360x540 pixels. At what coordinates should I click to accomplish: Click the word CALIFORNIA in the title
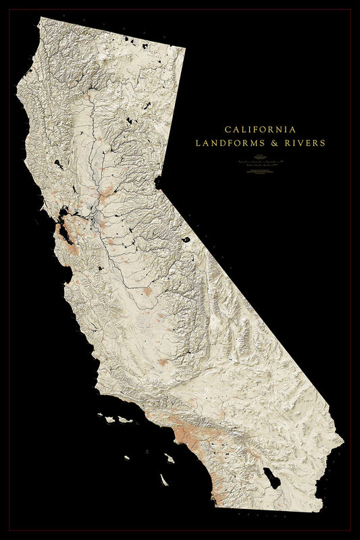[x=260, y=128]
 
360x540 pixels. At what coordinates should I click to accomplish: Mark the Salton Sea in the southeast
[x=272, y=479]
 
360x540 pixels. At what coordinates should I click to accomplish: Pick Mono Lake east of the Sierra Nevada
[x=185, y=239]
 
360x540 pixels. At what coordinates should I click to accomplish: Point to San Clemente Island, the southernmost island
[x=164, y=479]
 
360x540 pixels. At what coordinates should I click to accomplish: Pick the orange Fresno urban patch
[x=147, y=291]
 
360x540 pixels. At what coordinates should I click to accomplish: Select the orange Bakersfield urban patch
[x=163, y=362]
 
